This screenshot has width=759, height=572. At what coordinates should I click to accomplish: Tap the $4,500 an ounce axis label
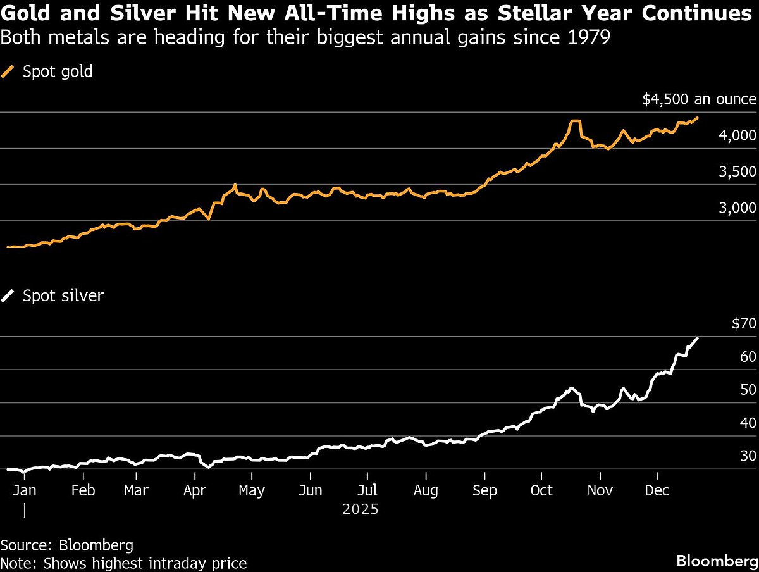(x=699, y=99)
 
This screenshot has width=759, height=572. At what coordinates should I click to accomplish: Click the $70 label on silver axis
(x=744, y=324)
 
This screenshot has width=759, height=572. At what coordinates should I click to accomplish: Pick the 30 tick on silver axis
(x=748, y=456)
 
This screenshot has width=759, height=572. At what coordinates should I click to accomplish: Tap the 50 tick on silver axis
(x=748, y=390)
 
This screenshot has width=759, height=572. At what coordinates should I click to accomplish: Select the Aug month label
(x=426, y=490)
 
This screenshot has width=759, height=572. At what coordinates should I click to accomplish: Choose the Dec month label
(x=657, y=490)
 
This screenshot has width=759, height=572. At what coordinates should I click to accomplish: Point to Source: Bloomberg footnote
(x=66, y=545)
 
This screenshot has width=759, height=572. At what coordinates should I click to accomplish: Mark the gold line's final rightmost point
(x=698, y=118)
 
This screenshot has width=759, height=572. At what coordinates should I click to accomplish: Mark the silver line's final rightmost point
(x=698, y=338)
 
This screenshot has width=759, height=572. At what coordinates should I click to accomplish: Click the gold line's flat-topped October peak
(x=574, y=121)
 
